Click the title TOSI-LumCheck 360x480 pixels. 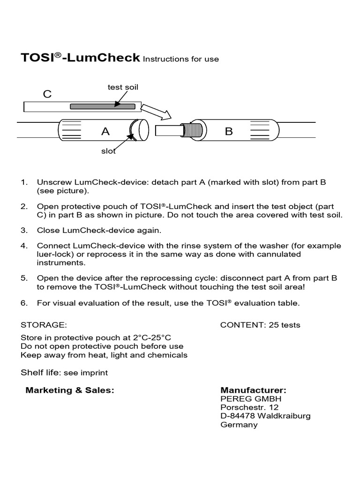80,58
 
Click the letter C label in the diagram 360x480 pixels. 47,94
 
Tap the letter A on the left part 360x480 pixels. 105,132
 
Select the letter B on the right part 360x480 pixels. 229,132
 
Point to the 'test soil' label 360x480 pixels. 123,87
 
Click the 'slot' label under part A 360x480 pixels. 108,151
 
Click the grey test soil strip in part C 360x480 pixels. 103,106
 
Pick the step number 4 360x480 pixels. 24,246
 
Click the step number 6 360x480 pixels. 24,303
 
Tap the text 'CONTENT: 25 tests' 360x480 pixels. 260,325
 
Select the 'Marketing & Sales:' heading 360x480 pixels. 70,390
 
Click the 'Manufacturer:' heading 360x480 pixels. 253,390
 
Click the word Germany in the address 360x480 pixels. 239,425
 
